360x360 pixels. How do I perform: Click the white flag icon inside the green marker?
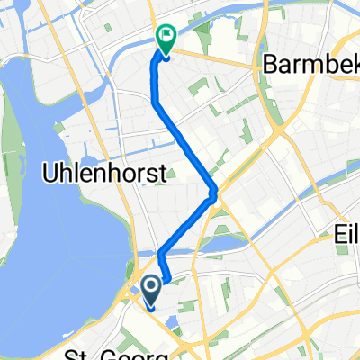tap(166, 37)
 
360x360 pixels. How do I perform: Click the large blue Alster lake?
tap(54, 225)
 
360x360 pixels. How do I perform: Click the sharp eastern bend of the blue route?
tap(213, 193)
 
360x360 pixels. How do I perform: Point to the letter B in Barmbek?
tap(270, 64)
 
